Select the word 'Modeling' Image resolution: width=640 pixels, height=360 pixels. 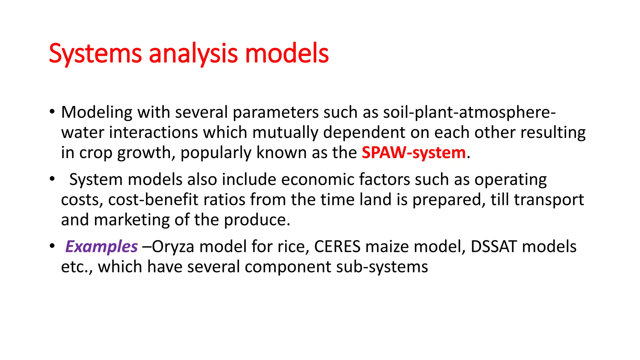pos(97,112)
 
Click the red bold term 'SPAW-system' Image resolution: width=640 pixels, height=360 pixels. pos(414,153)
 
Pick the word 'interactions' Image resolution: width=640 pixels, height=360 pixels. pos(153,132)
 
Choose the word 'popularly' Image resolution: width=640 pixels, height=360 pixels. pos(216,153)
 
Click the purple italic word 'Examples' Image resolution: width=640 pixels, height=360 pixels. pos(102,247)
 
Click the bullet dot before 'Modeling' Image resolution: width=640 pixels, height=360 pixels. pos(52,112)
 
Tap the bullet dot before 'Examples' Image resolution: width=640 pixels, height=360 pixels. pos(52,246)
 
